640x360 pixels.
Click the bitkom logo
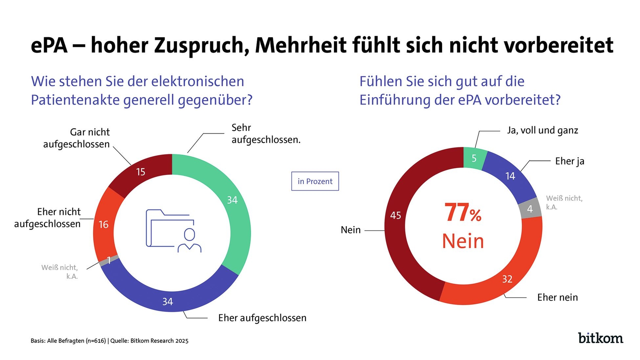point(600,338)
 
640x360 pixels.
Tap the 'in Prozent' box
point(315,181)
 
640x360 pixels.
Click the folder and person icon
point(173,231)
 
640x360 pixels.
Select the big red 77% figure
point(463,213)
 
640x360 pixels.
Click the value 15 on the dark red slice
point(140,172)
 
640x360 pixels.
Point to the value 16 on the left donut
point(103,225)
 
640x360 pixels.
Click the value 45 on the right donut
point(395,215)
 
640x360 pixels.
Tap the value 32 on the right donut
point(507,279)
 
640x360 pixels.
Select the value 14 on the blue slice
point(510,176)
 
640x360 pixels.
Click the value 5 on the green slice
point(474,158)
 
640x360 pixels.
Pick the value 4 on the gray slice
point(530,209)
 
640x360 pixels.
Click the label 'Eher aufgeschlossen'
point(262,318)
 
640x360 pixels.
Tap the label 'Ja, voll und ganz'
point(542,130)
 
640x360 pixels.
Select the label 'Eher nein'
point(557,297)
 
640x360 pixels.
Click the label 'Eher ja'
point(570,161)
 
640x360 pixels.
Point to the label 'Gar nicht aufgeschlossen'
point(76,138)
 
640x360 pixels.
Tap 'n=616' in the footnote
point(96,341)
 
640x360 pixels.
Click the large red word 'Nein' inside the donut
point(463,241)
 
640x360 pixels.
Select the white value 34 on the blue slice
point(167,301)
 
